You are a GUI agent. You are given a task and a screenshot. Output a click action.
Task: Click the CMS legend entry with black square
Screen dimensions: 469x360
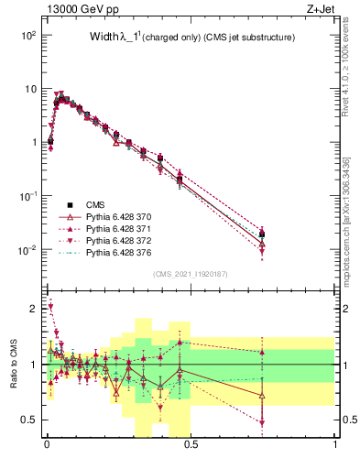tap(94, 205)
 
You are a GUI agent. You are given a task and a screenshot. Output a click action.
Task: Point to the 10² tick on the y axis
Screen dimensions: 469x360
tap(27, 35)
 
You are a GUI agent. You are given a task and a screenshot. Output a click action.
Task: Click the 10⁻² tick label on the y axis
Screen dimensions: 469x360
tap(27, 250)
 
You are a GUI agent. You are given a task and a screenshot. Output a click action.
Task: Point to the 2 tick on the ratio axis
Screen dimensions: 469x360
tap(34, 309)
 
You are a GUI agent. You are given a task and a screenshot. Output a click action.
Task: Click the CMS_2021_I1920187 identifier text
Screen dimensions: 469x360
tap(191, 273)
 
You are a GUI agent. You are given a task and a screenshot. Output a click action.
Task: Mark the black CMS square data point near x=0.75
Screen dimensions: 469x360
tap(263, 234)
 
